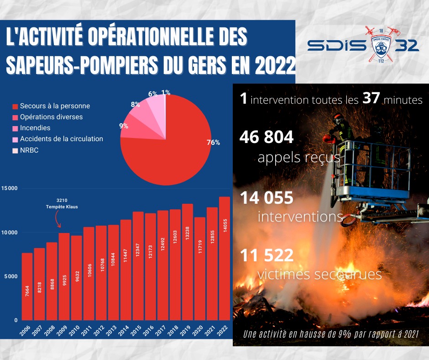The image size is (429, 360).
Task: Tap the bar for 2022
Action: (225, 258)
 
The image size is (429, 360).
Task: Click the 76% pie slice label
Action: (213, 143)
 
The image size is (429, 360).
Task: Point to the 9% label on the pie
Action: (124, 126)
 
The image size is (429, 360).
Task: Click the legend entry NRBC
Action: (28, 150)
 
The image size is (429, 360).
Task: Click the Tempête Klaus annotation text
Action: (62, 206)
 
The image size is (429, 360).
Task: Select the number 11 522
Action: (267, 255)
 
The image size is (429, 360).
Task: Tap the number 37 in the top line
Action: (371, 99)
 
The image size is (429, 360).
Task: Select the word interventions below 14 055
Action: (300, 216)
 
